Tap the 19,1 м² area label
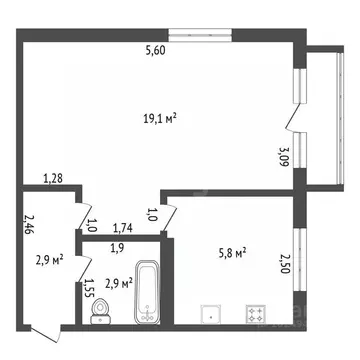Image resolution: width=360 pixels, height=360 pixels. [160, 118]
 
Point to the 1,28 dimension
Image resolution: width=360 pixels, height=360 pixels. [53, 179]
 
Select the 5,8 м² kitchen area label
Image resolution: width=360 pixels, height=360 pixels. [231, 254]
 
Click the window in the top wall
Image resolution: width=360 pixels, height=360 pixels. [201, 34]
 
